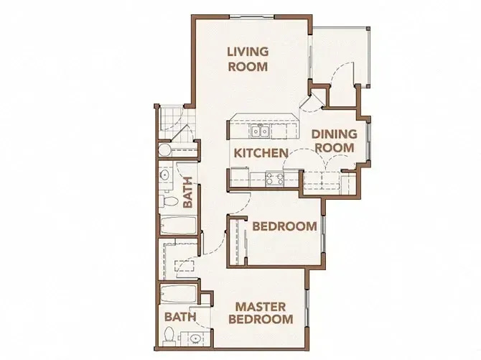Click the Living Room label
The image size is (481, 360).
[x=248, y=59]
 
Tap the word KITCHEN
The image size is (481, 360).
[x=261, y=153]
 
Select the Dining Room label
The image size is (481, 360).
[x=335, y=141]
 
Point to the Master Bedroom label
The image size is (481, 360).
[x=261, y=313]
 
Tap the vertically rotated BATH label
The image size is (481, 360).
[x=187, y=193]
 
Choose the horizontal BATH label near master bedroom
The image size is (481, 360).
[x=180, y=317]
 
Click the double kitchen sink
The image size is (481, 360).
[x=260, y=131]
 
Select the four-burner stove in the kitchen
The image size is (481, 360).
[x=274, y=178]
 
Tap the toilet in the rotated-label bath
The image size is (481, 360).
[x=168, y=201]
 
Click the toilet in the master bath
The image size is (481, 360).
[x=169, y=336]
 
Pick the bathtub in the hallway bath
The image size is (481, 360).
[x=177, y=226]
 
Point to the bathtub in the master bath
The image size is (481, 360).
[x=178, y=293]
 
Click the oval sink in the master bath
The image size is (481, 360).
[x=195, y=338]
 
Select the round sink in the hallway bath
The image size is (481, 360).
[x=164, y=175]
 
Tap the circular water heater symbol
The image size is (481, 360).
[x=164, y=150]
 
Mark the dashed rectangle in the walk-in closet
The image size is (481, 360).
[x=185, y=266]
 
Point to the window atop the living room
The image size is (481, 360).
[x=251, y=17]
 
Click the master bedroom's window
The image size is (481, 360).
[x=306, y=308]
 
